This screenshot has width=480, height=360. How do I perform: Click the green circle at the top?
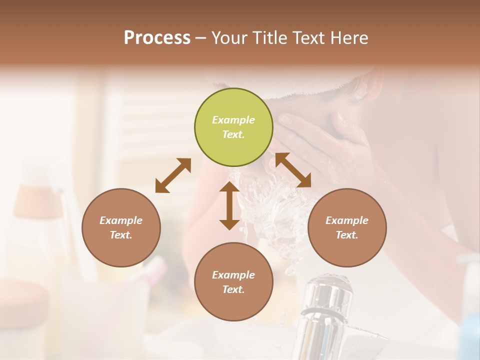tap(233, 127)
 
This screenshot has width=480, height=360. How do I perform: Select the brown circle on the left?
tap(121, 227)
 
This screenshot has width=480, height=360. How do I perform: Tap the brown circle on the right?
tap(347, 227)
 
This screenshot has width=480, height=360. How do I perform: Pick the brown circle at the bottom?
tap(233, 281)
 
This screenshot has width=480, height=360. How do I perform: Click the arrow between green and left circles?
tap(173, 175)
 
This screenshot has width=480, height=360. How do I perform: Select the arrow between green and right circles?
tap(293, 170)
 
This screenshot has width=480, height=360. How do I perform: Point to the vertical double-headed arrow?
tap(229, 205)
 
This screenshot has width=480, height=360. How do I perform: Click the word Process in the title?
tap(157, 38)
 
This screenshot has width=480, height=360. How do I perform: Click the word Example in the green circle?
tap(233, 120)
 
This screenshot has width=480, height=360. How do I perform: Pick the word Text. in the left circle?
tap(121, 235)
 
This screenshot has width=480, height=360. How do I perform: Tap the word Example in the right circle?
tap(347, 220)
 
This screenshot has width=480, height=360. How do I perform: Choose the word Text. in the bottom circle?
tap(233, 289)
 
